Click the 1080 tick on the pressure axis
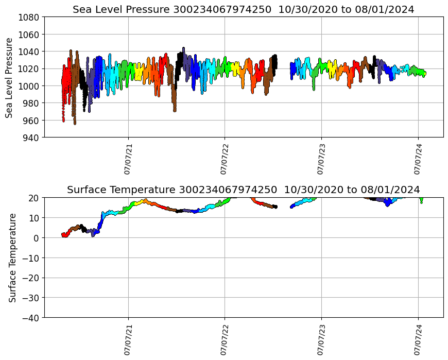point(29,17)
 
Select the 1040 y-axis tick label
point(29,52)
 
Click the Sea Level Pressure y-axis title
point(9,77)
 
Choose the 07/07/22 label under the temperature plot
point(225,340)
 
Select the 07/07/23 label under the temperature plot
point(321,340)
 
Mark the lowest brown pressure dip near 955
point(75,124)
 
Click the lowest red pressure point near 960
point(63,121)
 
